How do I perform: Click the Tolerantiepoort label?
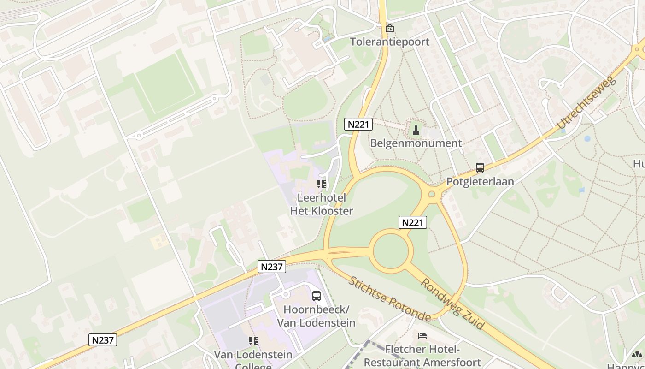(389, 42)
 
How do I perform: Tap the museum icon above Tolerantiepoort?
(389, 29)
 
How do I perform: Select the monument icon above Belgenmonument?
(416, 130)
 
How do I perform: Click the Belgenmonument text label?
(416, 143)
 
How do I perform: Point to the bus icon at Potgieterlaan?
(480, 168)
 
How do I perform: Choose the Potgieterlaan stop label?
(480, 181)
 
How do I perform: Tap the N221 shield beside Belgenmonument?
(358, 124)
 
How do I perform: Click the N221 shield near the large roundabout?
(412, 223)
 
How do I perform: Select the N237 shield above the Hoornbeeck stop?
(272, 267)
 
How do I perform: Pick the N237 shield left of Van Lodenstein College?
(102, 340)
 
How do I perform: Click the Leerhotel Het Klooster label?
(321, 204)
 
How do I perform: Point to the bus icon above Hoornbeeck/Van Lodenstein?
(316, 296)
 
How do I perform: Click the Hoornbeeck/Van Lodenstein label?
(316, 315)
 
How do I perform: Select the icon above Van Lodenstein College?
(253, 341)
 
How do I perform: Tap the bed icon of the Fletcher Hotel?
(422, 336)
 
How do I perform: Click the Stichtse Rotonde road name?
(389, 299)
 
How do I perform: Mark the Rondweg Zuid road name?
(452, 304)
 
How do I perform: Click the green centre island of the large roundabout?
(390, 252)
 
